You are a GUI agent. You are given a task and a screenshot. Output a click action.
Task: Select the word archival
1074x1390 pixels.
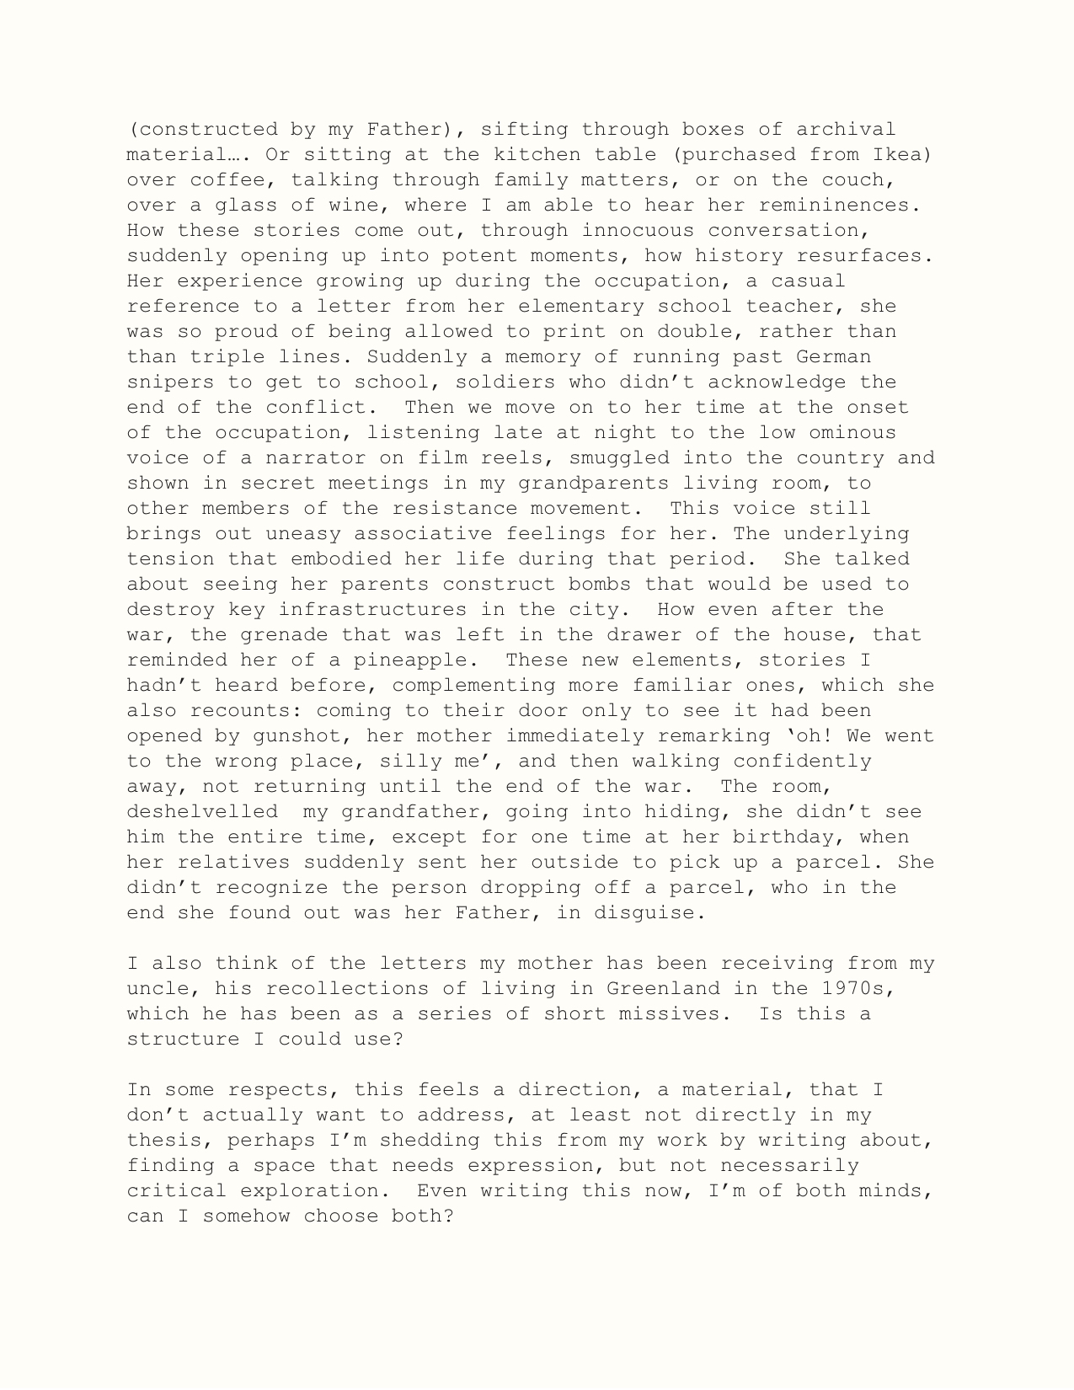click(846, 129)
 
